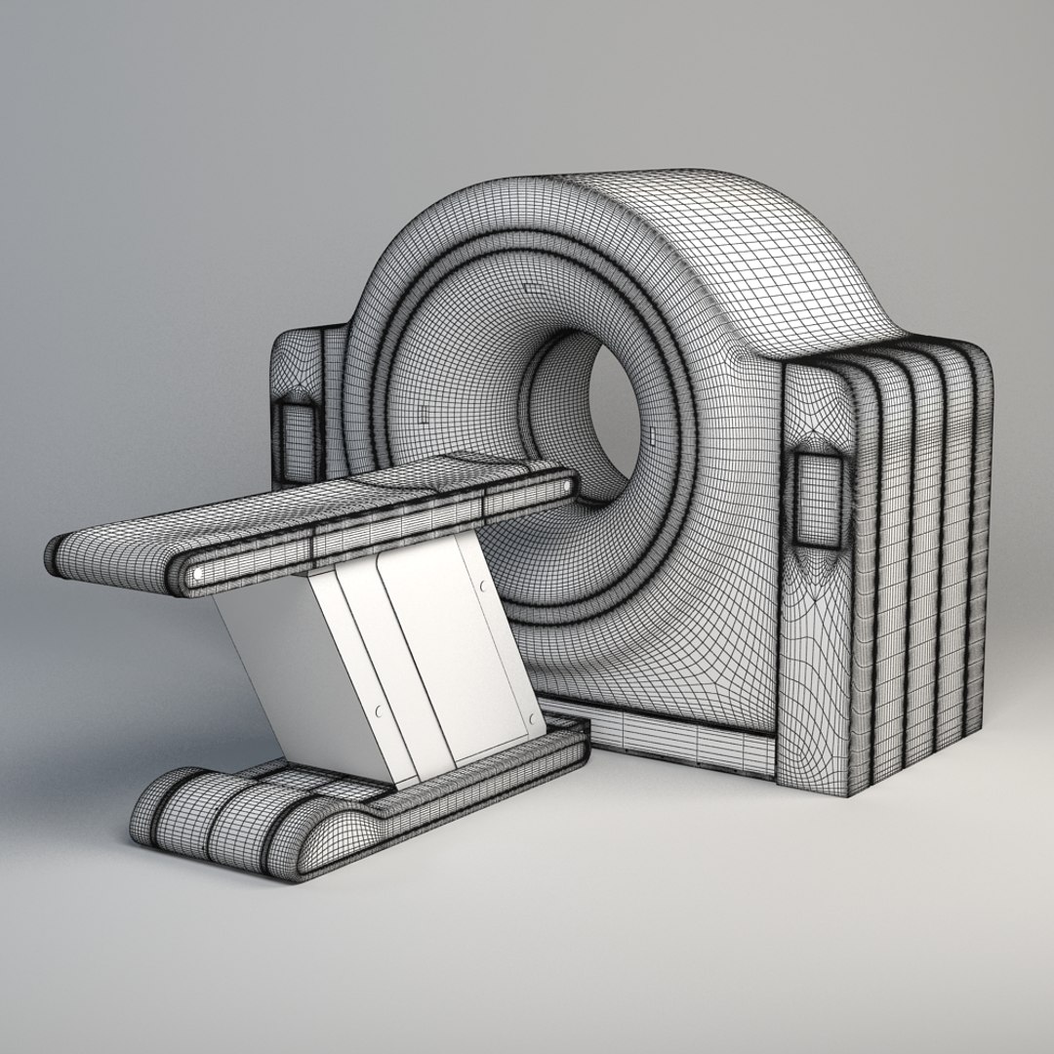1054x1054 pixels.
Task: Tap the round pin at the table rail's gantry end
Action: tap(568, 485)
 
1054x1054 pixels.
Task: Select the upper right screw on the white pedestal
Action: tap(482, 586)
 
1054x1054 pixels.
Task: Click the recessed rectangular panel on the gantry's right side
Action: tap(818, 498)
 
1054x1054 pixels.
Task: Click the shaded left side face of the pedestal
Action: tap(278, 673)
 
